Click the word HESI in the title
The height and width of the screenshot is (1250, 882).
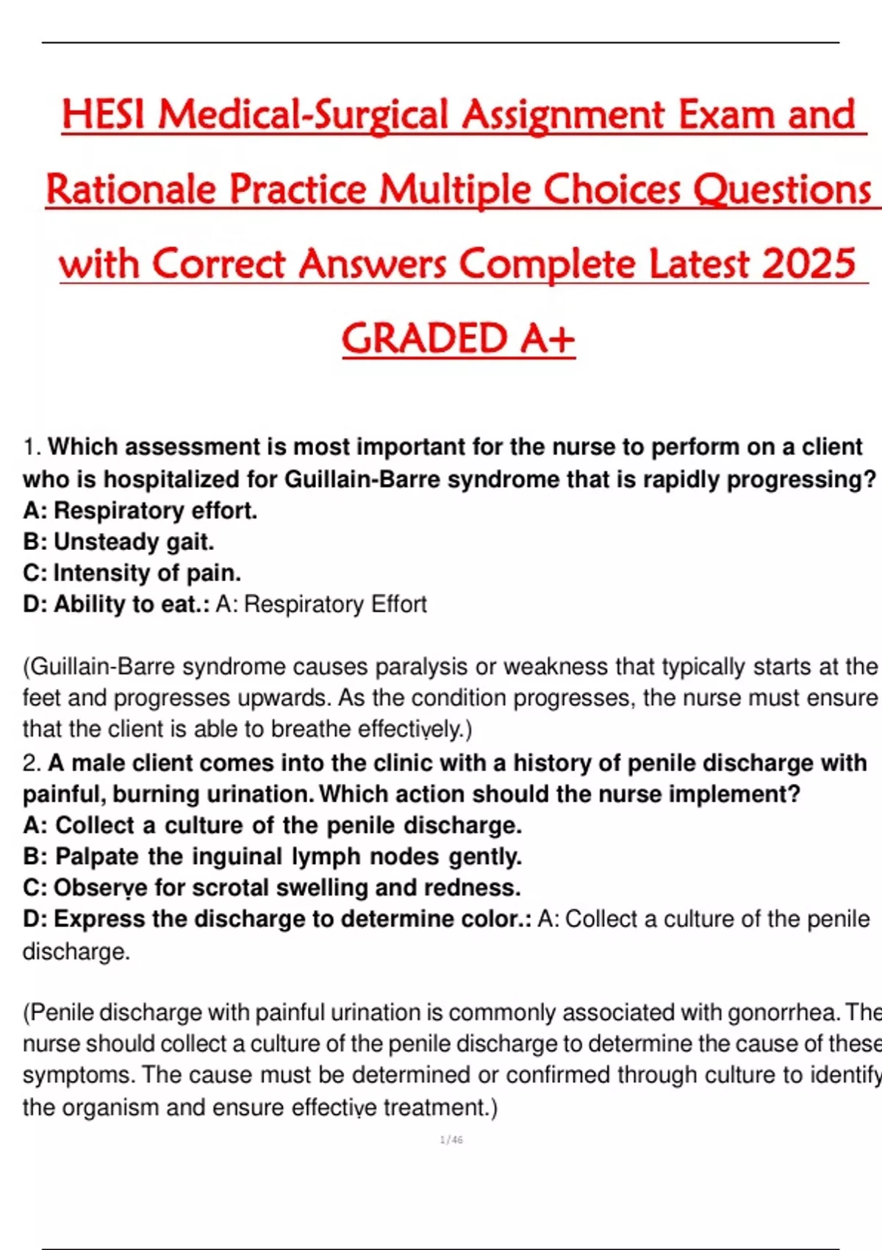pyautogui.click(x=105, y=115)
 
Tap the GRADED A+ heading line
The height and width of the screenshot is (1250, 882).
pyautogui.click(x=458, y=338)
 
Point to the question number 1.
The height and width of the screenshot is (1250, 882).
pyautogui.click(x=31, y=447)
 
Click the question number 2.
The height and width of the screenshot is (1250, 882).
pyautogui.click(x=31, y=763)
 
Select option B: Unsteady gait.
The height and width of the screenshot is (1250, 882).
pyautogui.click(x=118, y=542)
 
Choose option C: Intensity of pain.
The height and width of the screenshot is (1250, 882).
pyautogui.click(x=132, y=573)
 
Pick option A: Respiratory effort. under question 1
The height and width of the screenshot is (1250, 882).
pyautogui.click(x=140, y=510)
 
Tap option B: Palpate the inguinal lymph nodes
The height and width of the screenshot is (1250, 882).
pyautogui.click(x=272, y=857)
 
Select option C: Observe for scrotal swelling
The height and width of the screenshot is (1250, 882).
pyautogui.click(x=271, y=888)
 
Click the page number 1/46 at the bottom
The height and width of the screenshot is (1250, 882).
pyautogui.click(x=451, y=1140)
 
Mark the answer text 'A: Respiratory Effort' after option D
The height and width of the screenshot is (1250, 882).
pyautogui.click(x=321, y=604)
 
